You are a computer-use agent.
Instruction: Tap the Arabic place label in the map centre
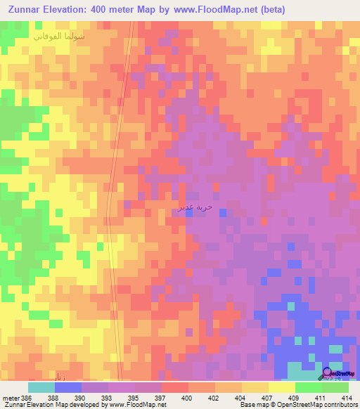coord(193,207)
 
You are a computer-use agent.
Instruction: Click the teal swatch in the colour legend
coord(41,387)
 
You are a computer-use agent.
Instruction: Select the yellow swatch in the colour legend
coord(281,387)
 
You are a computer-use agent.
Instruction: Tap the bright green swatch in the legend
coord(308,387)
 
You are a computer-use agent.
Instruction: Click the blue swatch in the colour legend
coord(67,387)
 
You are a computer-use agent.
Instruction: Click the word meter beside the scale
coord(9,397)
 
